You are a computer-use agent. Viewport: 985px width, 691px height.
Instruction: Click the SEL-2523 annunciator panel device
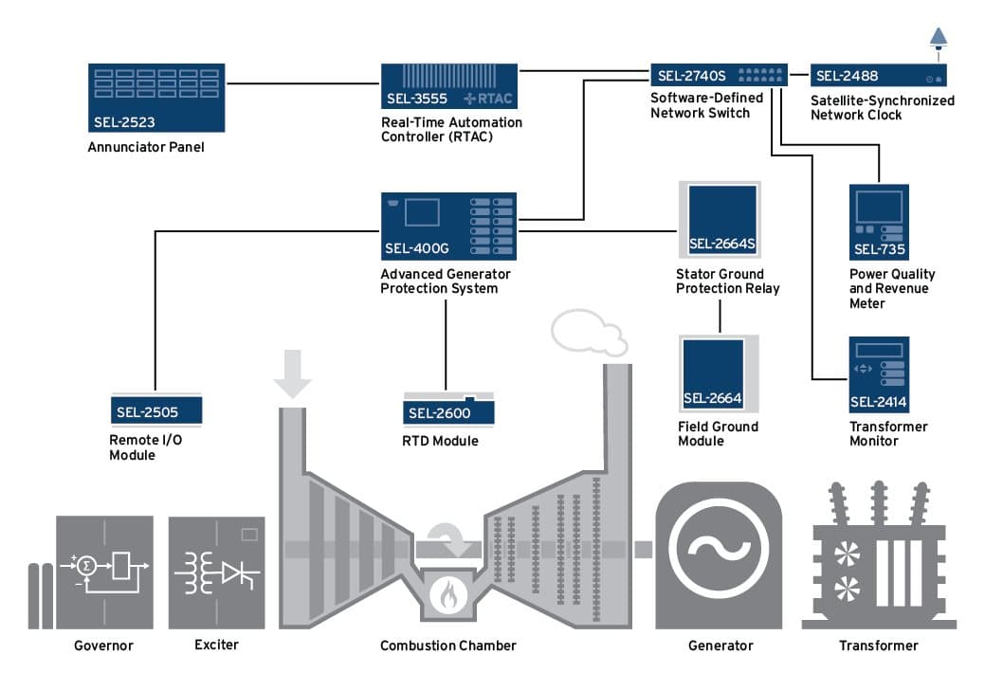(155, 98)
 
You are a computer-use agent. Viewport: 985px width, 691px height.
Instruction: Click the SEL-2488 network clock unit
(878, 75)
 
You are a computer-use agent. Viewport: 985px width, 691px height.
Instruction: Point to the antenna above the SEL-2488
(938, 38)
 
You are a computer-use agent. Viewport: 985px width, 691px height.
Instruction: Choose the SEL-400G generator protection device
(448, 227)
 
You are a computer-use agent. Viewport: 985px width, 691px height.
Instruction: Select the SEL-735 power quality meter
(880, 223)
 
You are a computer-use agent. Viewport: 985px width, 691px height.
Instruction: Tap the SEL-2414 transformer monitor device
(879, 374)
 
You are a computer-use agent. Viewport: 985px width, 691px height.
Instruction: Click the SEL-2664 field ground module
(719, 373)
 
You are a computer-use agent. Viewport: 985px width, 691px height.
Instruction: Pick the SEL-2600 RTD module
(449, 409)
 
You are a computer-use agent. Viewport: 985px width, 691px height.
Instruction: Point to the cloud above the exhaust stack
(588, 332)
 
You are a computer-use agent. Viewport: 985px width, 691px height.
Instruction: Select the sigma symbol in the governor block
(86, 565)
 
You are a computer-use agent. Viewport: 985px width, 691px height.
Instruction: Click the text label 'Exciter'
(216, 645)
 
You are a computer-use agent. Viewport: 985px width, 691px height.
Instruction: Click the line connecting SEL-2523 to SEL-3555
(302, 84)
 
